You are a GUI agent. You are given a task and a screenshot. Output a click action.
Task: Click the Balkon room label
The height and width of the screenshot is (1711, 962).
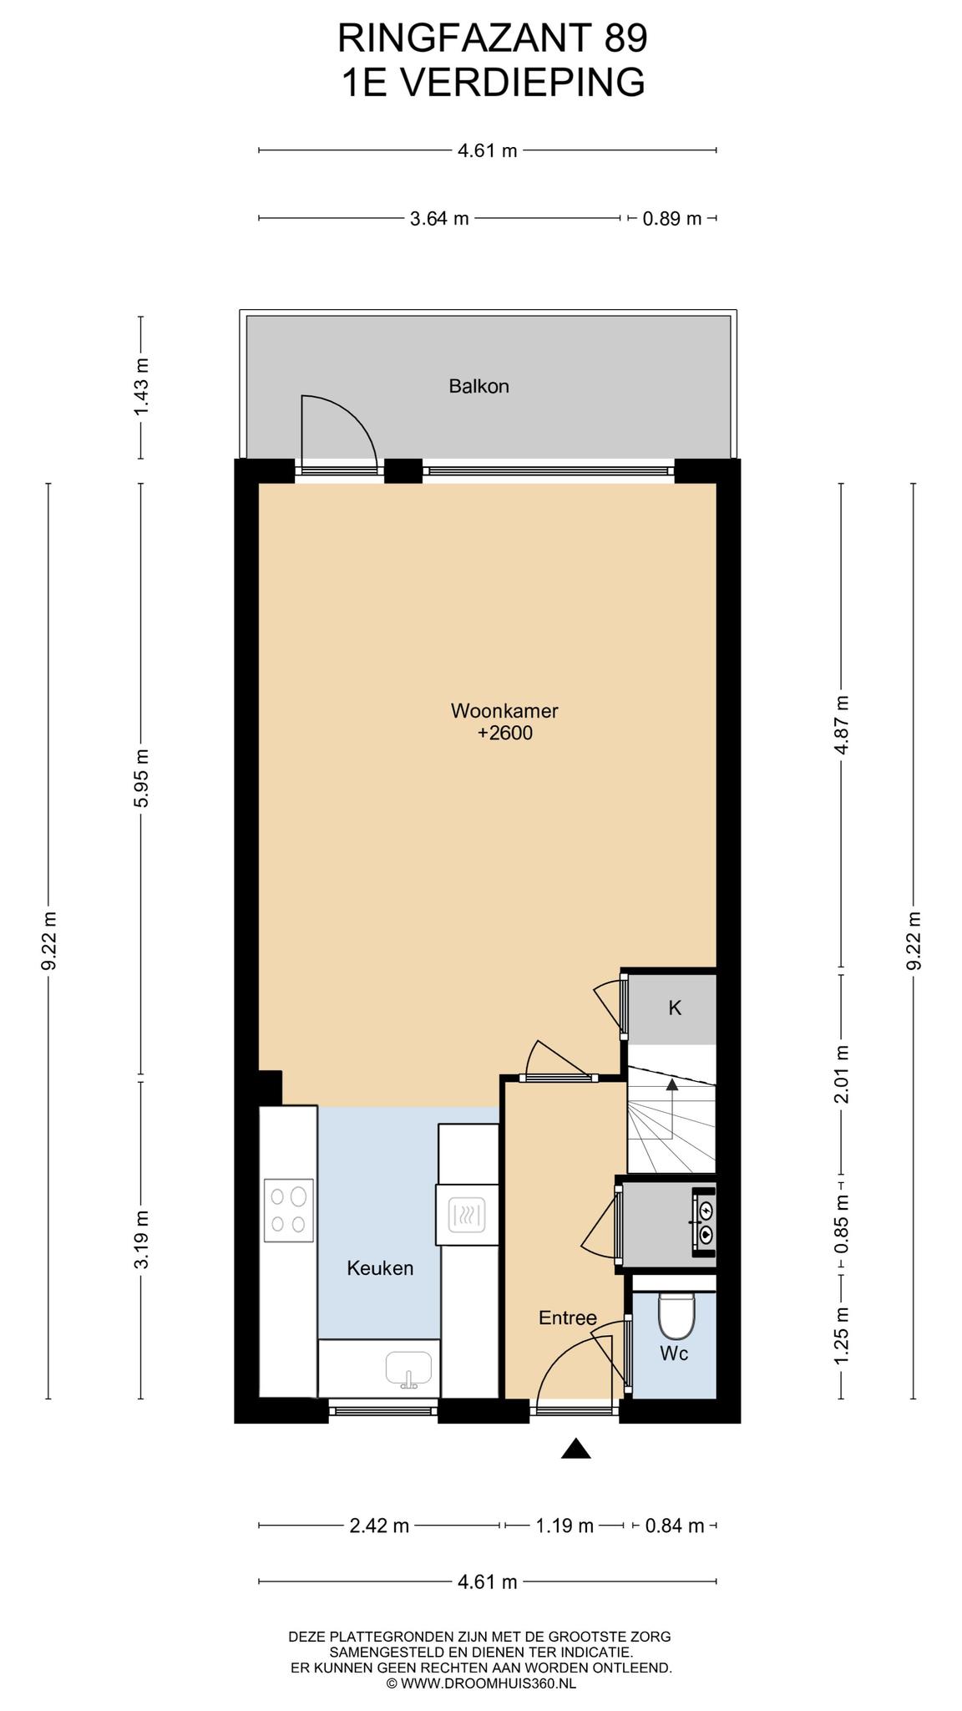[478, 386]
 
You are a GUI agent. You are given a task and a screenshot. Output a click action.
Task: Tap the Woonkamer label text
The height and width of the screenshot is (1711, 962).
[504, 711]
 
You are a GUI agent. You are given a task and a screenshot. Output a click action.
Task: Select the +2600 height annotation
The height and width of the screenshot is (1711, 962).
[504, 734]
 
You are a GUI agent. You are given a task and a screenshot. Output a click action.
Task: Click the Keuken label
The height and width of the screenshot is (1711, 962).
[380, 1268]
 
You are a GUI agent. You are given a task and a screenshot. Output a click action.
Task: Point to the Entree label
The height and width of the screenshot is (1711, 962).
[568, 1318]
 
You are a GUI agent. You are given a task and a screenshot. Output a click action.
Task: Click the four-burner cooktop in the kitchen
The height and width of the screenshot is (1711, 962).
[288, 1210]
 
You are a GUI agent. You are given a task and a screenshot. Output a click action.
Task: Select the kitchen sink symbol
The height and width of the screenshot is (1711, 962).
[408, 1369]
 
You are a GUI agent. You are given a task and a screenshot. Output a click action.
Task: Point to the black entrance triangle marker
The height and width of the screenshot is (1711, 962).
[576, 1450]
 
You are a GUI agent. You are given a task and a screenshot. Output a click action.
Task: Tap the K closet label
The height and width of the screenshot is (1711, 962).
[675, 1008]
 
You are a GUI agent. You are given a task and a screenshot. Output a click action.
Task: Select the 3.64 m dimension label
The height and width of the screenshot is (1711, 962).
[439, 219]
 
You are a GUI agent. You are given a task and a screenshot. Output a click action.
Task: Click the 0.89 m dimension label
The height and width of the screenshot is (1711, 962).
[672, 219]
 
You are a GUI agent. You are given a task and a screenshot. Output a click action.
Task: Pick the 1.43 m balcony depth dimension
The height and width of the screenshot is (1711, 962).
[141, 388]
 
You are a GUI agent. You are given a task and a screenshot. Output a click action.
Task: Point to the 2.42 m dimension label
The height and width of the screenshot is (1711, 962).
[379, 1526]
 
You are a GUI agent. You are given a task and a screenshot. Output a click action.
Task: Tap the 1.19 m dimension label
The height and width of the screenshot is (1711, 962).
[564, 1526]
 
